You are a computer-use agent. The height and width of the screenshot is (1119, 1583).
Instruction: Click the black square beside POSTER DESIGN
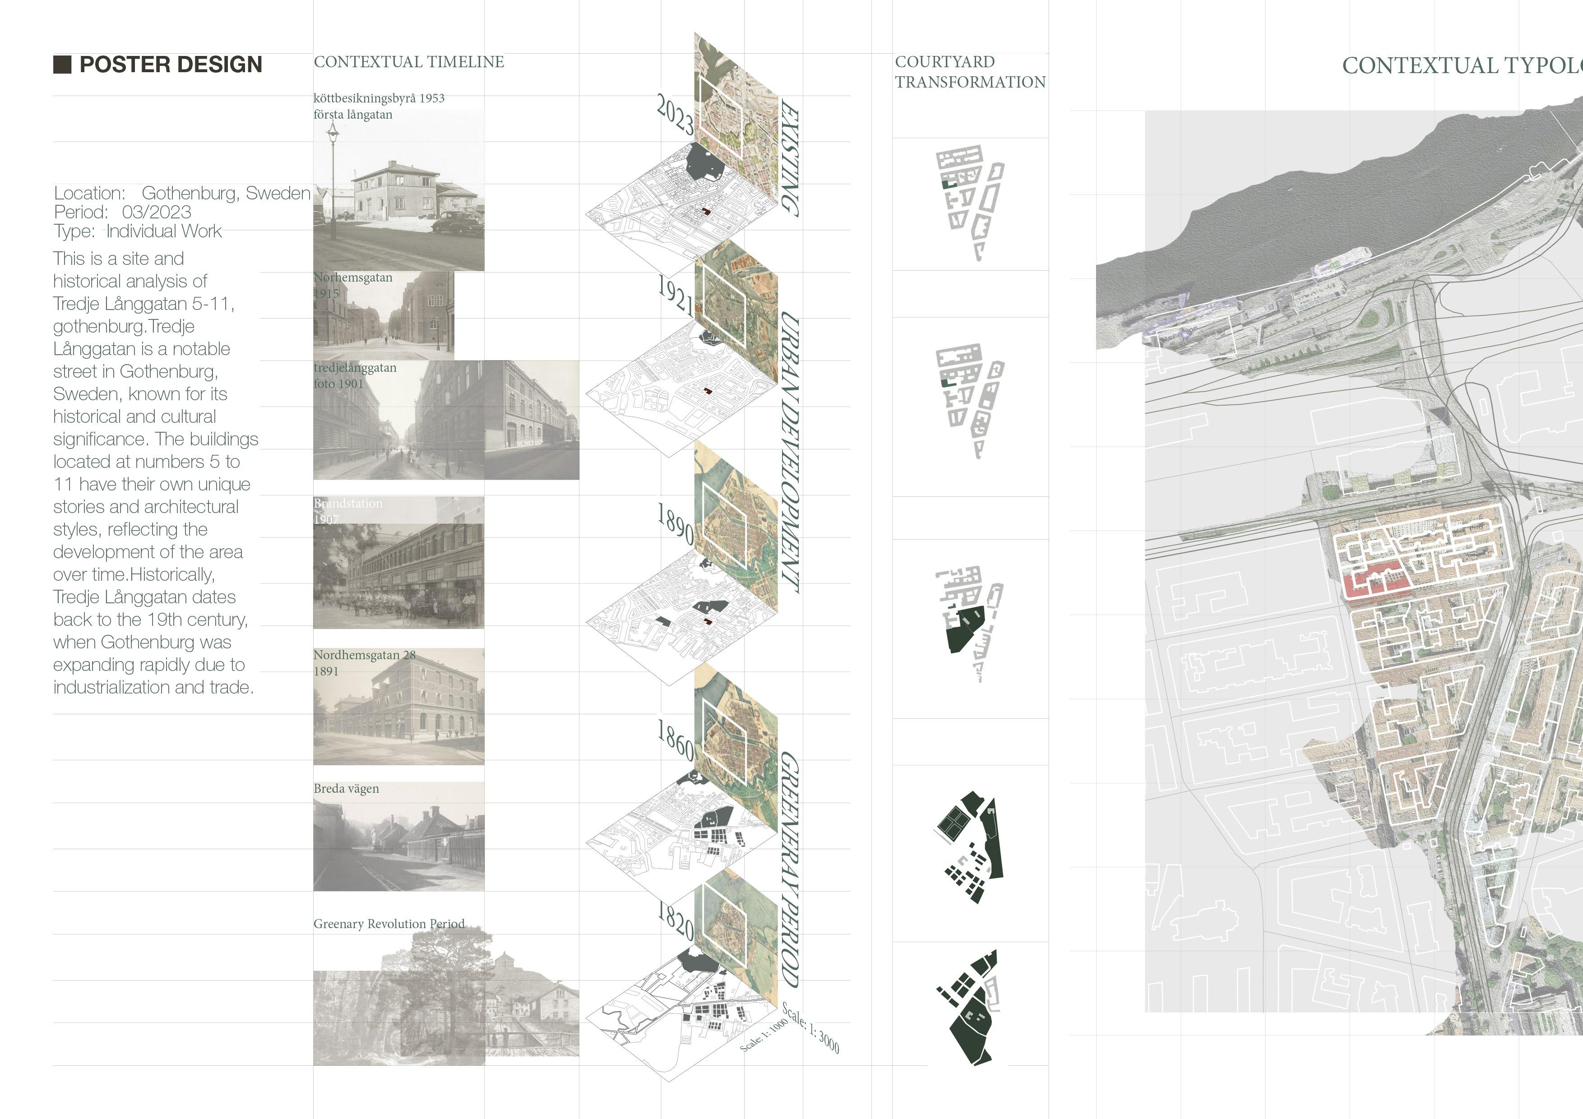[62, 65]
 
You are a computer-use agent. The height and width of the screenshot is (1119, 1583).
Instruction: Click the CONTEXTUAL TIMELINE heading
[409, 62]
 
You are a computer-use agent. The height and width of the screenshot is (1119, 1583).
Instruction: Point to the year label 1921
[675, 295]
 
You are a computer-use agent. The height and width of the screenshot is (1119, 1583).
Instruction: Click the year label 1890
[675, 523]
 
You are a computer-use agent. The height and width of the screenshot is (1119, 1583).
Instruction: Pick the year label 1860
[676, 740]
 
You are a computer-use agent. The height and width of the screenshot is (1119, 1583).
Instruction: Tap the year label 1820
[676, 920]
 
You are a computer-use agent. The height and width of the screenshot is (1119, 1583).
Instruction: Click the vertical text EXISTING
[789, 158]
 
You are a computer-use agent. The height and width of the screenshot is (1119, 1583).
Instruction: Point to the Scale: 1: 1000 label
[763, 1034]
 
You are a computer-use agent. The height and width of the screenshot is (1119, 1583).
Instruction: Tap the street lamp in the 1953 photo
[333, 131]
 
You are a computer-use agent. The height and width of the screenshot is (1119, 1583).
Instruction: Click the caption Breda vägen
[346, 789]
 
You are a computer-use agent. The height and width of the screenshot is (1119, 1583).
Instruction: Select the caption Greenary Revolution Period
[389, 924]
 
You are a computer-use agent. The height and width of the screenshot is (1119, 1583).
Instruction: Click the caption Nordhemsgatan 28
[364, 655]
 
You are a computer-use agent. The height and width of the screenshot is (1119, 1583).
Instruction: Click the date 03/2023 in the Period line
[157, 213]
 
